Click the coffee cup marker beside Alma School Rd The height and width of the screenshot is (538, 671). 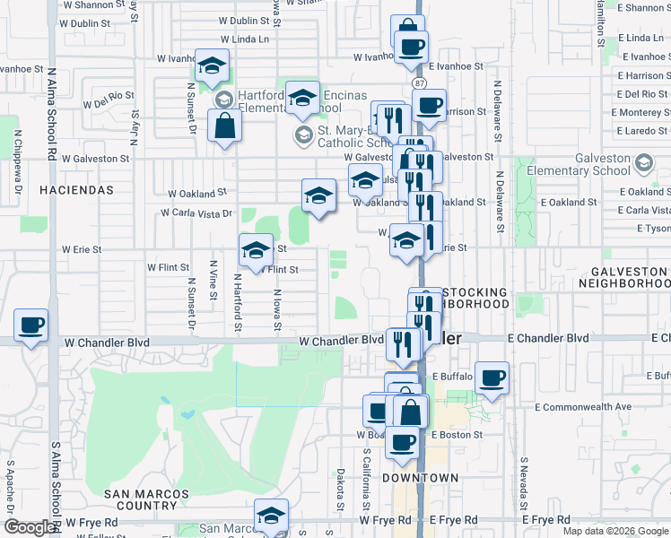coord(31,326)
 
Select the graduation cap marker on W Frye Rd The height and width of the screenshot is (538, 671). coord(271,516)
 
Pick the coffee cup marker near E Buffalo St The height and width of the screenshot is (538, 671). coord(491,378)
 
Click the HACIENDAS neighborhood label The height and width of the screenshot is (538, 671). coord(76,190)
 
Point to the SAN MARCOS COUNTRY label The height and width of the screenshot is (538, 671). coord(146,500)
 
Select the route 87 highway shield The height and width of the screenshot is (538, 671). coord(419,82)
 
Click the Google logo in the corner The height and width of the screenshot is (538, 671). coord(30,527)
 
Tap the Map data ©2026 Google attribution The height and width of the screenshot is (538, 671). coord(614,531)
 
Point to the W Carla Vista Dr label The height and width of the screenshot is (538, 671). coord(196,213)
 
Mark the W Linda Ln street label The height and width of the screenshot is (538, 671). coord(244,39)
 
